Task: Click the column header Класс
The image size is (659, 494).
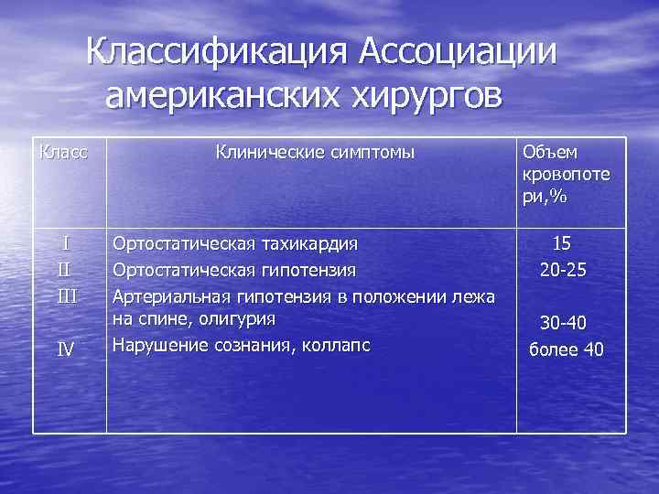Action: click(x=64, y=151)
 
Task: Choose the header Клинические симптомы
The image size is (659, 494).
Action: click(x=315, y=152)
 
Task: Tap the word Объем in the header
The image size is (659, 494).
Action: click(x=544, y=152)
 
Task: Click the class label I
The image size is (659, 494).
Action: click(x=65, y=243)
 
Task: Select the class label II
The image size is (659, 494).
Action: click(x=64, y=270)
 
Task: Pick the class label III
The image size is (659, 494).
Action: click(x=66, y=295)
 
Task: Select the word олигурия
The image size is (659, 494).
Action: click(x=233, y=318)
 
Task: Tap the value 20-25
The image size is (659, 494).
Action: click(x=563, y=270)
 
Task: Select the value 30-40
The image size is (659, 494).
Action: click(x=563, y=323)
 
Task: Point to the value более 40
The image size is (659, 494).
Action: click(x=567, y=349)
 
